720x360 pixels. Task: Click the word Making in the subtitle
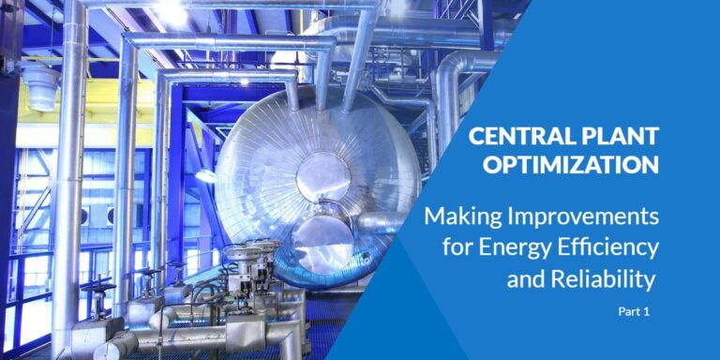tap(459, 217)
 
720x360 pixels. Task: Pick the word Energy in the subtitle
tap(527, 249)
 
